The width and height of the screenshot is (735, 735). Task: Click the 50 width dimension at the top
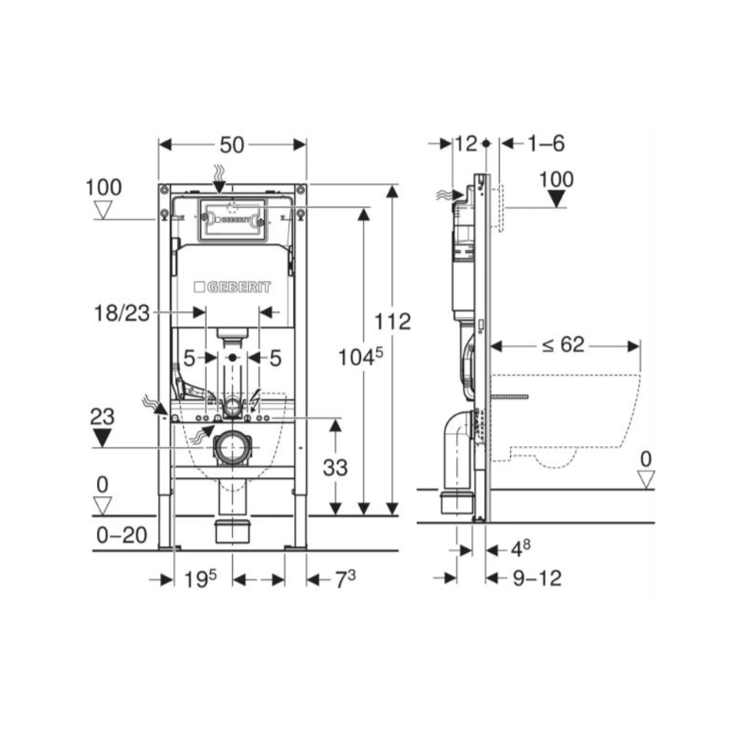232,145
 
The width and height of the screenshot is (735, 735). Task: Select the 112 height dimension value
392,322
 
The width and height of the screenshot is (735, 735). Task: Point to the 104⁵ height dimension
360,358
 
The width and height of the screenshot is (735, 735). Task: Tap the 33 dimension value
335,467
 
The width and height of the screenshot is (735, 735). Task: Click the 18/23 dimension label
122,312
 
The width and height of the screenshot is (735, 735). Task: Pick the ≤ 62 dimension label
564,345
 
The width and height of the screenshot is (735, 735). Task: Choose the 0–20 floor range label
122,535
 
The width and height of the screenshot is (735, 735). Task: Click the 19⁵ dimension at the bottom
200,579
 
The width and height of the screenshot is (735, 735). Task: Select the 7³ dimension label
345,579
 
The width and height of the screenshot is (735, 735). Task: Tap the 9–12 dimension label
537,578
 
